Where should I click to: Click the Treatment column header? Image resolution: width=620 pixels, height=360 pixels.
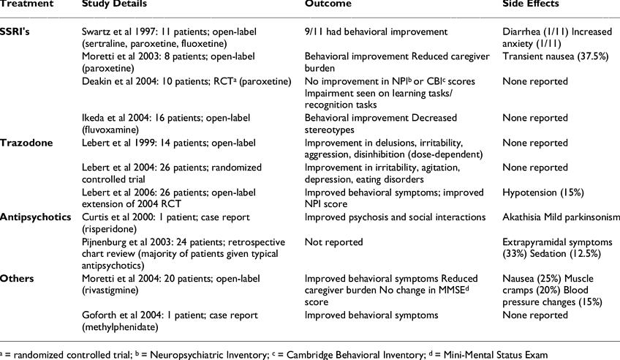pos(26,4)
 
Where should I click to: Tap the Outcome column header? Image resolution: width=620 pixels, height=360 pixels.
pos(328,4)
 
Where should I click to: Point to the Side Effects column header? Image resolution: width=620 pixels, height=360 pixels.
pos(531,4)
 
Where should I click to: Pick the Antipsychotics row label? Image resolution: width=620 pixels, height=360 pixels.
pos(35,217)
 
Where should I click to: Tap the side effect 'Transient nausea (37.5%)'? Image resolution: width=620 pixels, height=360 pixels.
pos(556,56)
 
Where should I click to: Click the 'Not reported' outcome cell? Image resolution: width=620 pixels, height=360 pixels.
pos(333,242)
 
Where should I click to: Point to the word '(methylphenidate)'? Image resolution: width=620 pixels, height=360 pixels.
pos(121,327)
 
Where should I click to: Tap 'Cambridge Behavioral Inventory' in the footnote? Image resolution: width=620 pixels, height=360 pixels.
pos(343,354)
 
